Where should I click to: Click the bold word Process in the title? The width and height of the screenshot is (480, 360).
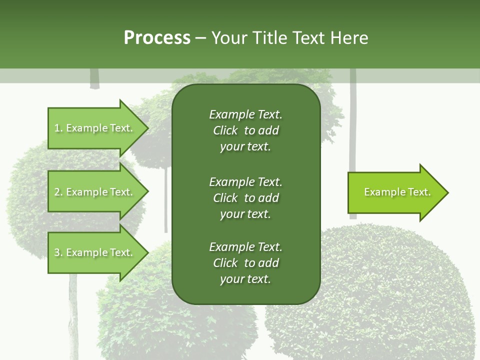pyautogui.click(x=157, y=38)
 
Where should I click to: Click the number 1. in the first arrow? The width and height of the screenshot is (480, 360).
pyautogui.click(x=58, y=128)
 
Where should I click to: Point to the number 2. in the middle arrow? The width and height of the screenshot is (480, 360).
pyautogui.click(x=58, y=192)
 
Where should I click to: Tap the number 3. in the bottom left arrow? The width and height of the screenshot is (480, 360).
pyautogui.click(x=58, y=252)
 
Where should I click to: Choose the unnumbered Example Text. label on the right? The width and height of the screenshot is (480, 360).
pyautogui.click(x=397, y=192)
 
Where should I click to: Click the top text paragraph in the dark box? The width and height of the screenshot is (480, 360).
pyautogui.click(x=245, y=130)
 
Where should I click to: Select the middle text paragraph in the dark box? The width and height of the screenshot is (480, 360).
pyautogui.click(x=245, y=198)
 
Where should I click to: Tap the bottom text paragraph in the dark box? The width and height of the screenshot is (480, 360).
pyautogui.click(x=245, y=263)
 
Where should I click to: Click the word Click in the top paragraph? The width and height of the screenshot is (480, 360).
pyautogui.click(x=225, y=130)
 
